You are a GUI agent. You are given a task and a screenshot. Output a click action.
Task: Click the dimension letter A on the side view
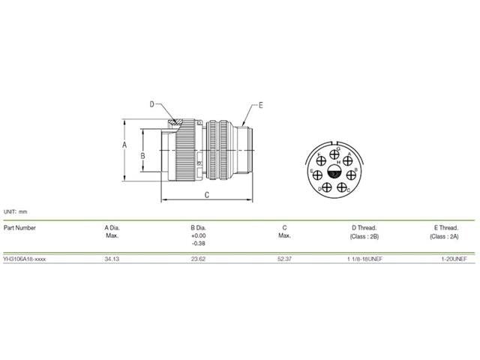pos(125,146)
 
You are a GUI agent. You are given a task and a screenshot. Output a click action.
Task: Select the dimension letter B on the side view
pos(142,155)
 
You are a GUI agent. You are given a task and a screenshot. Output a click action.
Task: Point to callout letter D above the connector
pos(151,104)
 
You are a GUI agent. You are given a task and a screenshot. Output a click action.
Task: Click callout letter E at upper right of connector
pos(260,105)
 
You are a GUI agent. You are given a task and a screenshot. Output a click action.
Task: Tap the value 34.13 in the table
pos(112,258)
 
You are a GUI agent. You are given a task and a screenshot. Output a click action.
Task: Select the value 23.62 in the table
pos(198,258)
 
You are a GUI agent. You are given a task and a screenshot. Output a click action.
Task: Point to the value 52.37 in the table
pos(284,258)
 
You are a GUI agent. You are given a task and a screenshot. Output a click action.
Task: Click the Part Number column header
pos(19,226)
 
